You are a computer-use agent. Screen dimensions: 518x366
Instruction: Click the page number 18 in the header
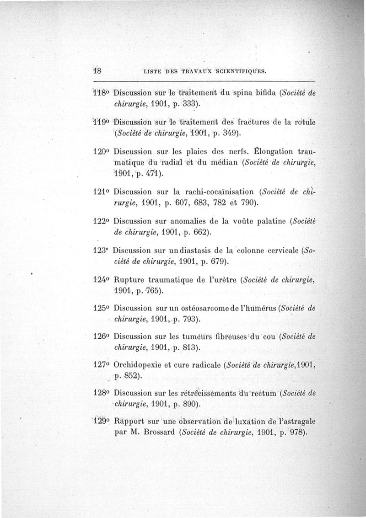97,71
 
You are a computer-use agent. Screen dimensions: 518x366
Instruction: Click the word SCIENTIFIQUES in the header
237,71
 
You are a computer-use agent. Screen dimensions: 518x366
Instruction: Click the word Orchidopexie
137,366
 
